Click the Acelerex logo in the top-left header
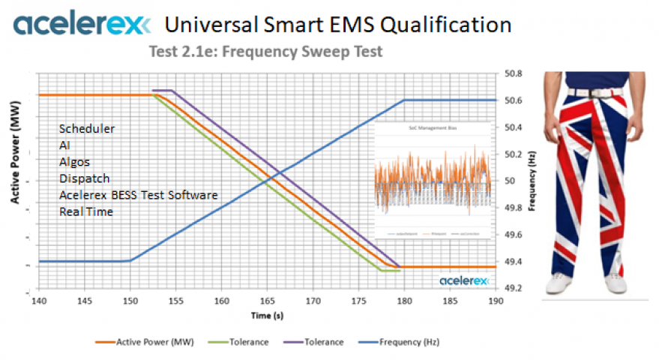[x=76, y=25]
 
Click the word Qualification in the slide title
[x=447, y=25]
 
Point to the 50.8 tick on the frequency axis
[x=512, y=74]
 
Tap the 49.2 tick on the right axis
[x=512, y=288]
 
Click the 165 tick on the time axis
[x=267, y=301]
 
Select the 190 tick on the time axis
[x=496, y=301]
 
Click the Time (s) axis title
[x=267, y=315]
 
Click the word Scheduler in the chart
[x=87, y=129]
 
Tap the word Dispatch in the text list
[x=84, y=178]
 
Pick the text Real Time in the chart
[x=86, y=211]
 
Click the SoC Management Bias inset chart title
[x=432, y=129]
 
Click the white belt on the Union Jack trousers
[x=592, y=94]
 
